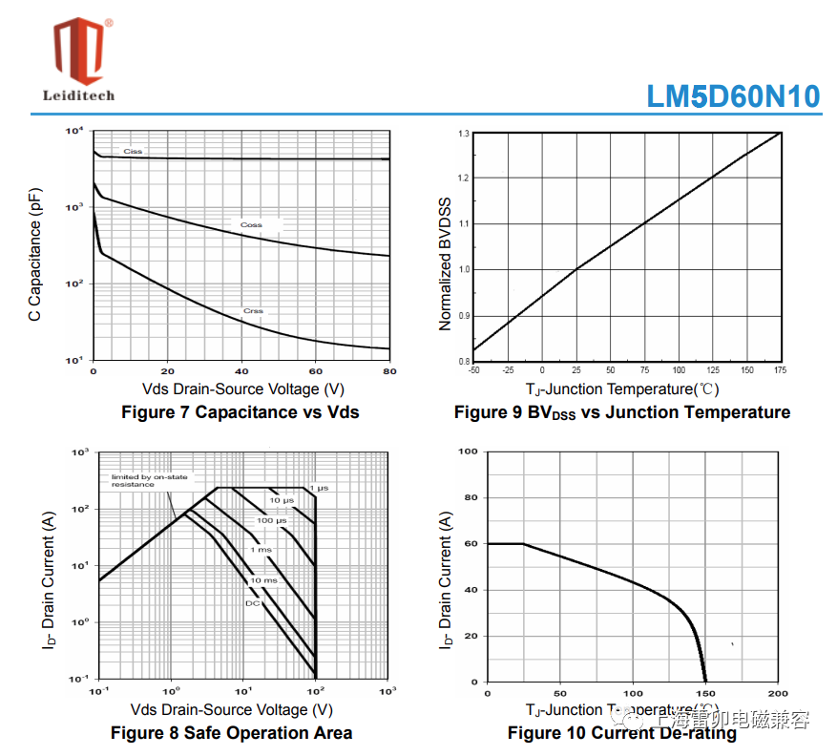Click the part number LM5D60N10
[733, 96]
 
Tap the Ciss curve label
[133, 152]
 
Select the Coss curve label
[251, 225]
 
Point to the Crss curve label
[253, 311]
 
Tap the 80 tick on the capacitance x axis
[388, 371]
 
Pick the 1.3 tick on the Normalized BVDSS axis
[463, 134]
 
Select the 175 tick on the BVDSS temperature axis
[781, 370]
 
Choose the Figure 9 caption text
[622, 412]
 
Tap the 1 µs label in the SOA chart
[319, 489]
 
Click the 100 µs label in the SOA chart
[271, 520]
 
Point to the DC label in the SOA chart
[253, 603]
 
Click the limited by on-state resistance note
[150, 480]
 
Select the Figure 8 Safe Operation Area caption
[231, 733]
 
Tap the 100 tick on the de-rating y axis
[469, 451]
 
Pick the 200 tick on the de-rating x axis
[779, 693]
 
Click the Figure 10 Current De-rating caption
[622, 733]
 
